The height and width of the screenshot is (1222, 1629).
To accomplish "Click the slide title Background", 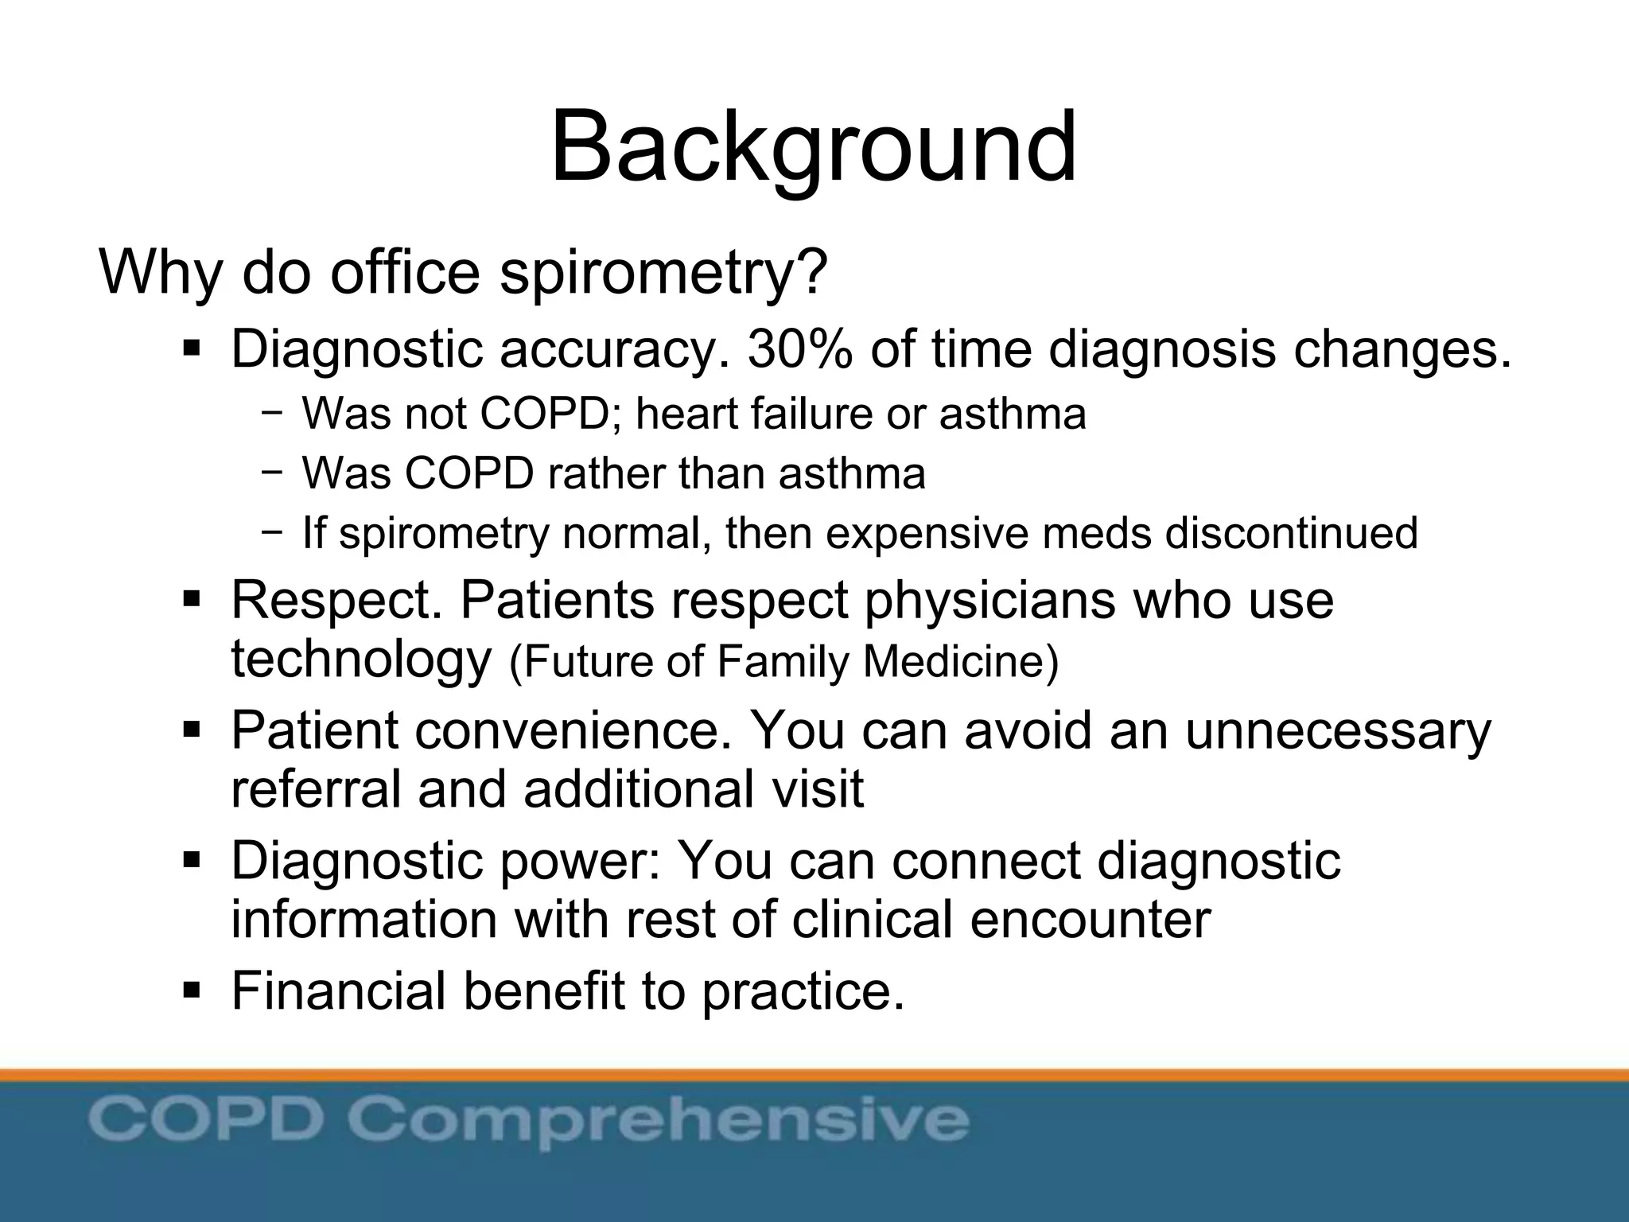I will pos(813,148).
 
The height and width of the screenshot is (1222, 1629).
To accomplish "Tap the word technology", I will pos(361,660).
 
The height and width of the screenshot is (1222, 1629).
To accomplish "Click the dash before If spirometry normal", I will pos(272,531).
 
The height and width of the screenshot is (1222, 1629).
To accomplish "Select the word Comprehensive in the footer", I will pos(659,1120).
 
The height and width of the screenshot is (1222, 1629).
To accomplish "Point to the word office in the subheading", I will pos(405,272).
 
